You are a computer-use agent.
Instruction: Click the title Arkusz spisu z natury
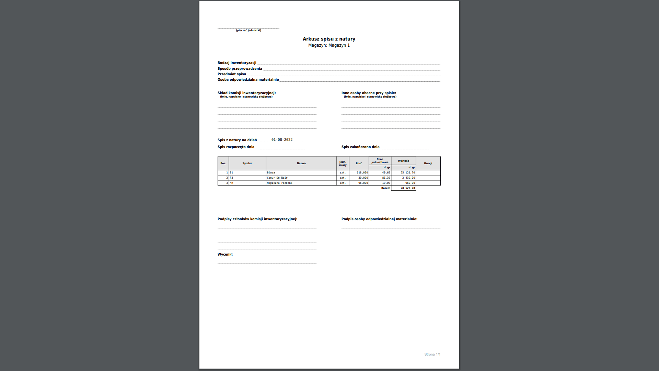click(329, 39)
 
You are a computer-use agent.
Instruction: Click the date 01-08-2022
click(282, 140)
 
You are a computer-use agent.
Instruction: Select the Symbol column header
click(247, 164)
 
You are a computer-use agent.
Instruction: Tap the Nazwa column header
click(301, 164)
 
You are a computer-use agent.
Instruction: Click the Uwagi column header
click(428, 164)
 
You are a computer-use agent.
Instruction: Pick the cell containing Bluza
click(271, 173)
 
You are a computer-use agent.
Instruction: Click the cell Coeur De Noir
click(277, 178)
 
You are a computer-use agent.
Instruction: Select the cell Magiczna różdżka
click(279, 183)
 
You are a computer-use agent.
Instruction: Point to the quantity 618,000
click(362, 173)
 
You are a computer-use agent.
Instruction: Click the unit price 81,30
click(386, 178)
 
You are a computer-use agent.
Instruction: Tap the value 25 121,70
click(408, 173)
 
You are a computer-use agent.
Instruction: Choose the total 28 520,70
click(408, 188)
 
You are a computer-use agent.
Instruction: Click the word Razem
click(385, 188)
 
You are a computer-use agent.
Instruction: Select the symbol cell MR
click(231, 183)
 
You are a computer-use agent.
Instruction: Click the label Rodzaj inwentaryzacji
click(237, 63)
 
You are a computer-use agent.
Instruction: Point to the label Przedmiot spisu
click(232, 74)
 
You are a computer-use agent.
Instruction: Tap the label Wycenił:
click(225, 255)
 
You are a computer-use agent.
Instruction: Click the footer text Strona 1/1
click(432, 355)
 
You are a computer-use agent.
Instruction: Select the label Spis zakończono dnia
click(360, 147)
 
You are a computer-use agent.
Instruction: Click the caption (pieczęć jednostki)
click(248, 31)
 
